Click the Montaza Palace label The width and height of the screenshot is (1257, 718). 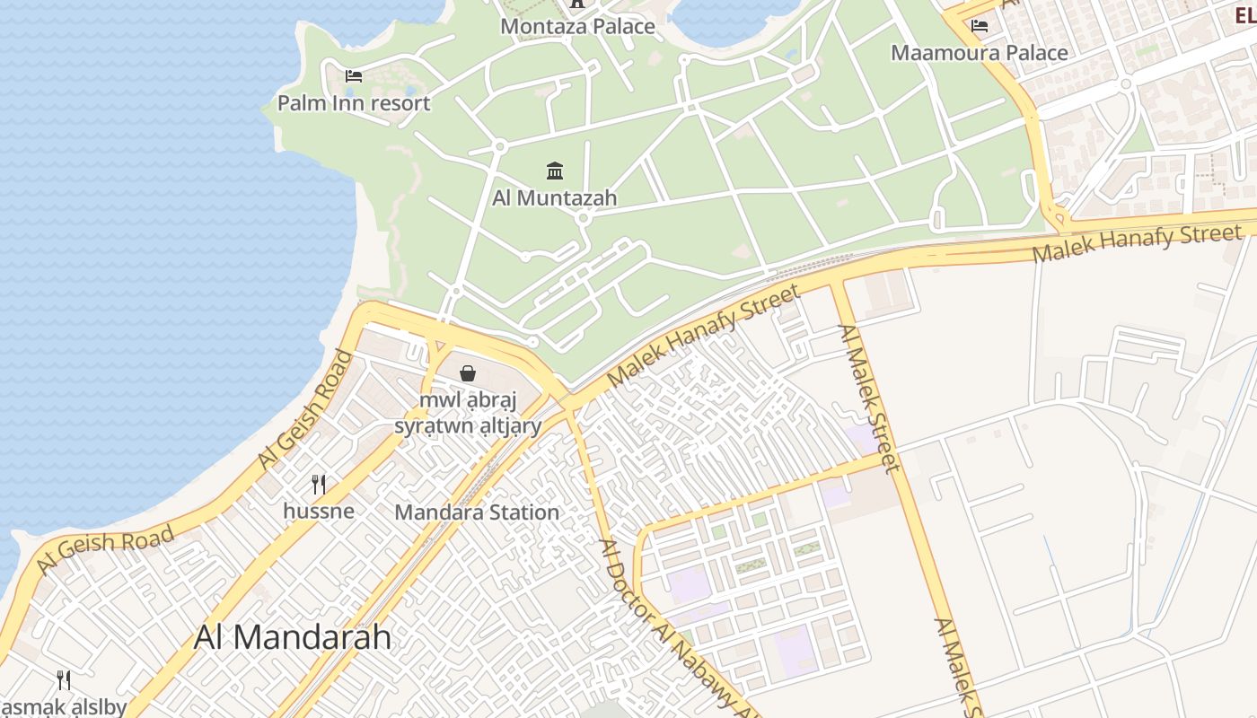(577, 26)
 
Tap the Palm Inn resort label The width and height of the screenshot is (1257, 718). (353, 103)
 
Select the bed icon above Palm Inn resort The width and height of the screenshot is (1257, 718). (354, 75)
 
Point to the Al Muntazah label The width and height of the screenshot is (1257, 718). (554, 197)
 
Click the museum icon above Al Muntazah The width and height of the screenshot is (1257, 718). (555, 171)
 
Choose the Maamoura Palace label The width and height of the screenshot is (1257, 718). (979, 53)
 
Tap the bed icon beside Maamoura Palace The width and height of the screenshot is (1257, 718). (980, 26)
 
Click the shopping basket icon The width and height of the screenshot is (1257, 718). (468, 372)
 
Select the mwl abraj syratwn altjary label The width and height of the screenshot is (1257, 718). (468, 413)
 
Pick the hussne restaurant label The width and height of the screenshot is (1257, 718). (319, 512)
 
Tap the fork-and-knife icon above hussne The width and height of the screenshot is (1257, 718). (319, 485)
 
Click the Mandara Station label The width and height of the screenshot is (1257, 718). (477, 512)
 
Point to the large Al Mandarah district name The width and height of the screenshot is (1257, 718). (293, 637)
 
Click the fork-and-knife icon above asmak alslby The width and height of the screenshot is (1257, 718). (64, 679)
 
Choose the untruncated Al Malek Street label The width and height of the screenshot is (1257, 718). (867, 398)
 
